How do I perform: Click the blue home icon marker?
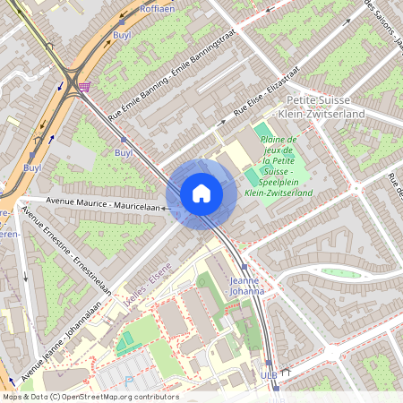[201, 193]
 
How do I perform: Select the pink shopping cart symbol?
[83, 87]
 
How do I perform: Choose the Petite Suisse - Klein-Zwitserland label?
[324, 107]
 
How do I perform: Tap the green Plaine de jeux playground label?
[286, 166]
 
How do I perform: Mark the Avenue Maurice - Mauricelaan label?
[107, 207]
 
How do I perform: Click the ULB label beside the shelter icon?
[269, 374]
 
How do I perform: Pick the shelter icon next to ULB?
[286, 372]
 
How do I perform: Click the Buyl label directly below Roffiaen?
[122, 35]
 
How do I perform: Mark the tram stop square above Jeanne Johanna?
[244, 267]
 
